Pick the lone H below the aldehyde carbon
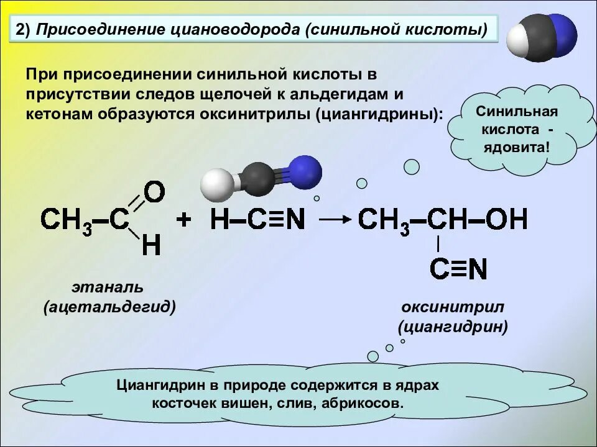pyautogui.click(x=151, y=246)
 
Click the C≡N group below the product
pyautogui.click(x=458, y=269)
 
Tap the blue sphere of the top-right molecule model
pyautogui.click(x=562, y=36)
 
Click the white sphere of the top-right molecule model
pyautogui.click(x=517, y=44)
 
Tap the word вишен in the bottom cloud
pyautogui.click(x=250, y=403)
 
